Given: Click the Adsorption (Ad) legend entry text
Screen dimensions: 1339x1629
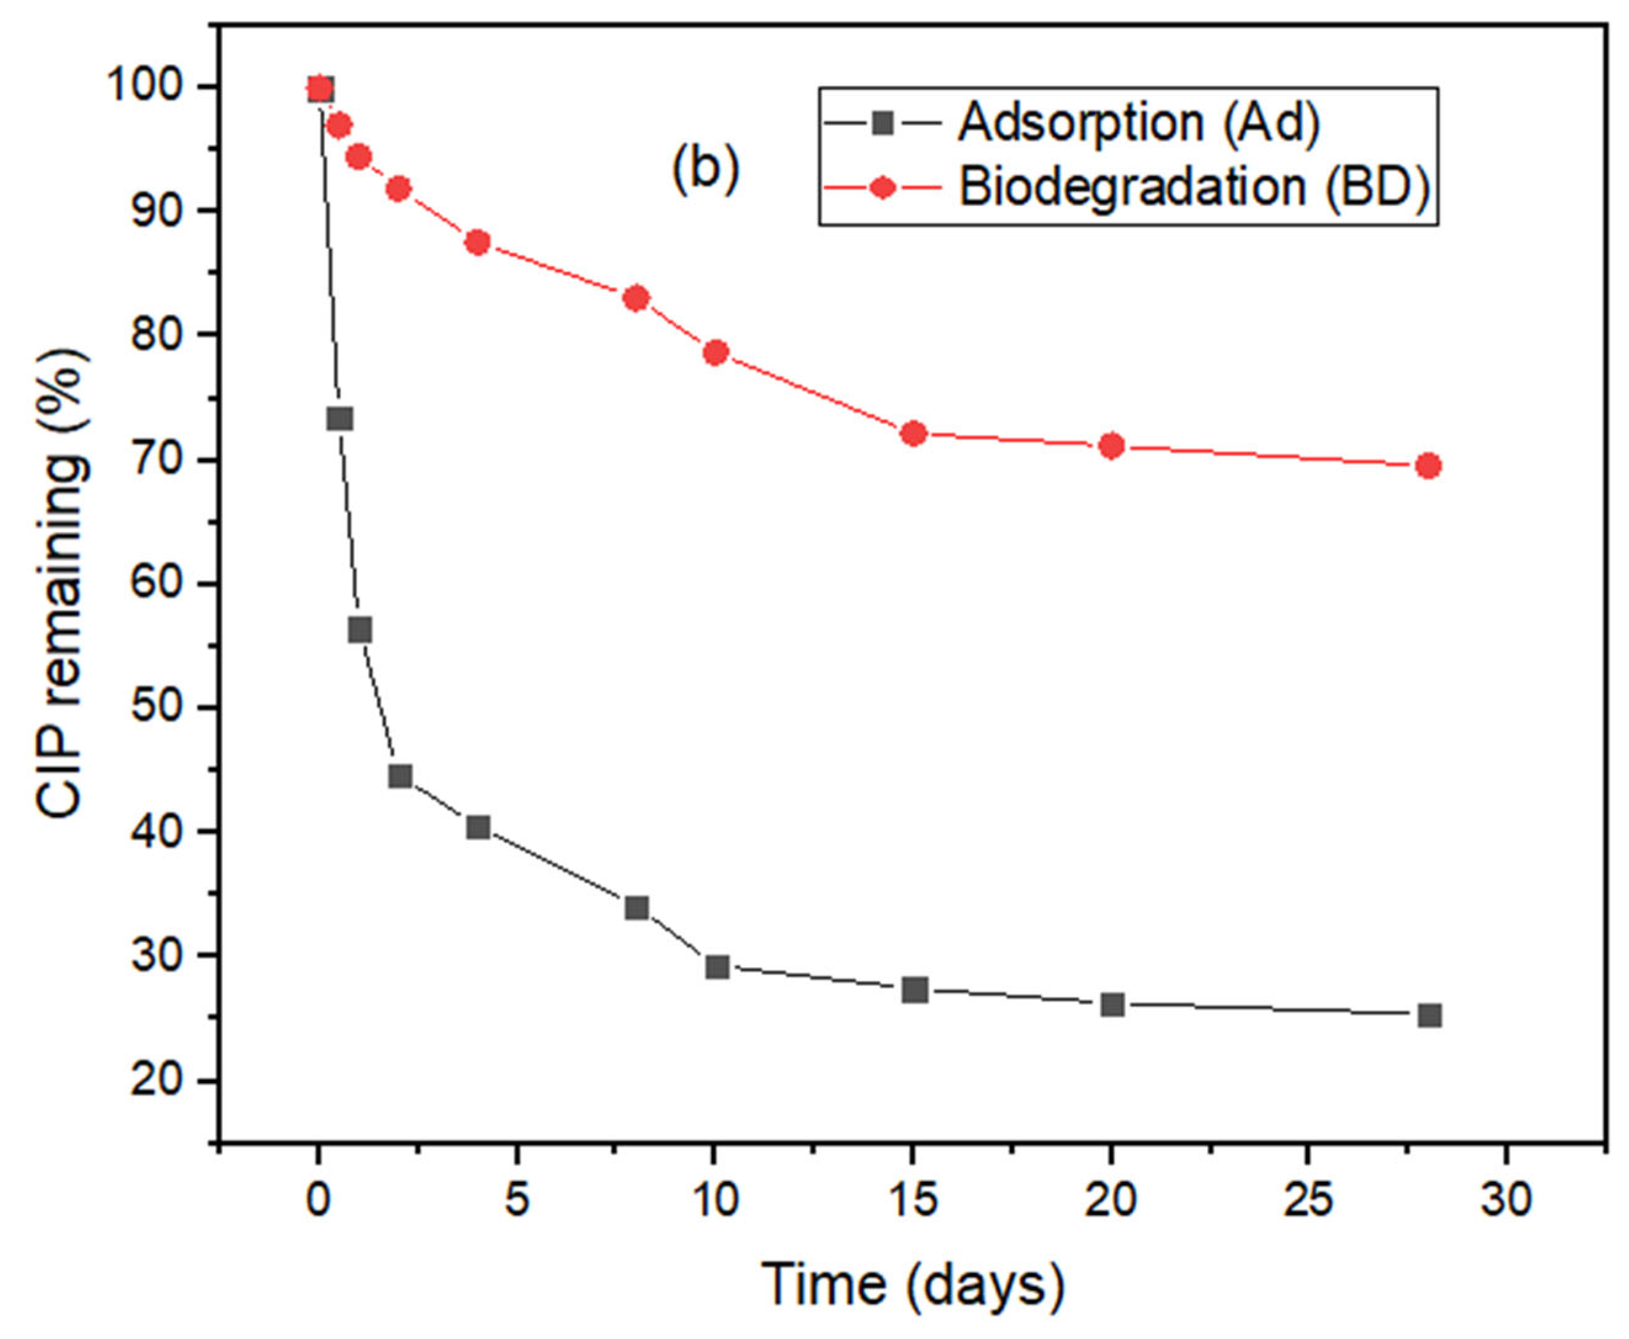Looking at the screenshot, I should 1138,122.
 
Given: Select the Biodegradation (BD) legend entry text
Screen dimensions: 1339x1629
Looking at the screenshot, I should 1194,187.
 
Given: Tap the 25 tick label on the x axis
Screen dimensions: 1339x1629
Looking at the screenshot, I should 1308,1201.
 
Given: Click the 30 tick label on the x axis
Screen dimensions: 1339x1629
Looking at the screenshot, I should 1506,1201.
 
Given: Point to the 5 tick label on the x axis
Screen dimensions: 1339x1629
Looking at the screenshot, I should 516,1201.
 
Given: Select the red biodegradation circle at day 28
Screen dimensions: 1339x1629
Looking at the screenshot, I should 1428,466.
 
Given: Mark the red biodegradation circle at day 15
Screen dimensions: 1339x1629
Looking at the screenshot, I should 913,434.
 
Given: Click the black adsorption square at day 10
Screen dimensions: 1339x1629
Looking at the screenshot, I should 716,966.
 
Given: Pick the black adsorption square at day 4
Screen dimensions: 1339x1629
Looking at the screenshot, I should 478,828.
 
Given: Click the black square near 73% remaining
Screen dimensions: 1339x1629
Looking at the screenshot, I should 340,419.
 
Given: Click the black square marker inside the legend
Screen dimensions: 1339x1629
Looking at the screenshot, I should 883,123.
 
